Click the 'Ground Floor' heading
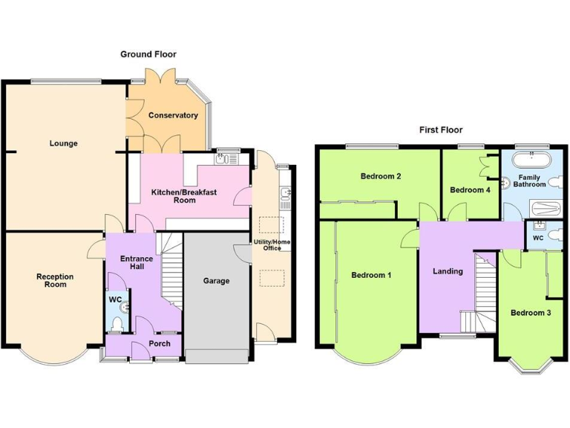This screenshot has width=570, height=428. pos(148,54)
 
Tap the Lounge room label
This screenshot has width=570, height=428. pos(64,143)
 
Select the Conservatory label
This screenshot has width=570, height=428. pos(173,115)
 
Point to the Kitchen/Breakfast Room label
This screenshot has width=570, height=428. pos(184,196)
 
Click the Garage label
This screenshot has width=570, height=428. pos(216,281)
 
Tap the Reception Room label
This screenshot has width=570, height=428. pos(55,280)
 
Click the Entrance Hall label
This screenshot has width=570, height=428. pos(137,263)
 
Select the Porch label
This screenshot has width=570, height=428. pos(159,343)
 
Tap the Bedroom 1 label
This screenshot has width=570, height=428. pos(371,275)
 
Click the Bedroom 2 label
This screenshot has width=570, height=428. pos(381,176)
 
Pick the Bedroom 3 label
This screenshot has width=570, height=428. pos(530,313)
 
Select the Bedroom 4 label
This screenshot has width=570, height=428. pos(470,190)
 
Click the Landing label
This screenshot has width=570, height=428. pos(448,271)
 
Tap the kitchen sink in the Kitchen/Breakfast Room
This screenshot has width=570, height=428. pos(222,158)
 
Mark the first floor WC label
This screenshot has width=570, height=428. pos(537,238)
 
